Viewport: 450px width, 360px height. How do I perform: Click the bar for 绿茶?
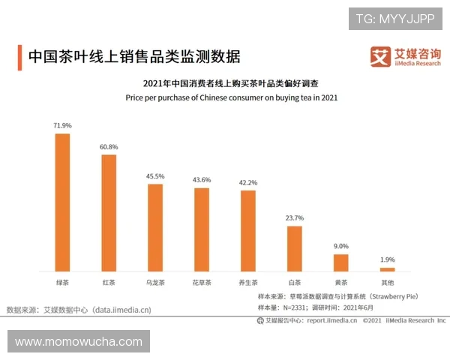62,202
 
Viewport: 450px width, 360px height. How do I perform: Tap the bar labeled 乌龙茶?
155,226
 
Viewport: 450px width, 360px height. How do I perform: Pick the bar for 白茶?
295,247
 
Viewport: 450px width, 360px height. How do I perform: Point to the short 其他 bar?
387,268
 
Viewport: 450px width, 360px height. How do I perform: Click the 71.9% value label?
62,126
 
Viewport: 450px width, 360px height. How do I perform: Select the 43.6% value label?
202,180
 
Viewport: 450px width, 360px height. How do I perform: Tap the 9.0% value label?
341,246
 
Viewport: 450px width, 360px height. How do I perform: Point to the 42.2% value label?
248,182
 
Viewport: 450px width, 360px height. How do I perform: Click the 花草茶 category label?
202,283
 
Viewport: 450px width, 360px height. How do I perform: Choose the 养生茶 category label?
248,283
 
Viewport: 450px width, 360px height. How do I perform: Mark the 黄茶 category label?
341,283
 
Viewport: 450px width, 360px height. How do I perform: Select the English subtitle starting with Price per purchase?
232,97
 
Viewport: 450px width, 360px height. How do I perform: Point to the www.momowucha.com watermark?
79,342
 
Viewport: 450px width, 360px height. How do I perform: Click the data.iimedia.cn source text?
121,309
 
